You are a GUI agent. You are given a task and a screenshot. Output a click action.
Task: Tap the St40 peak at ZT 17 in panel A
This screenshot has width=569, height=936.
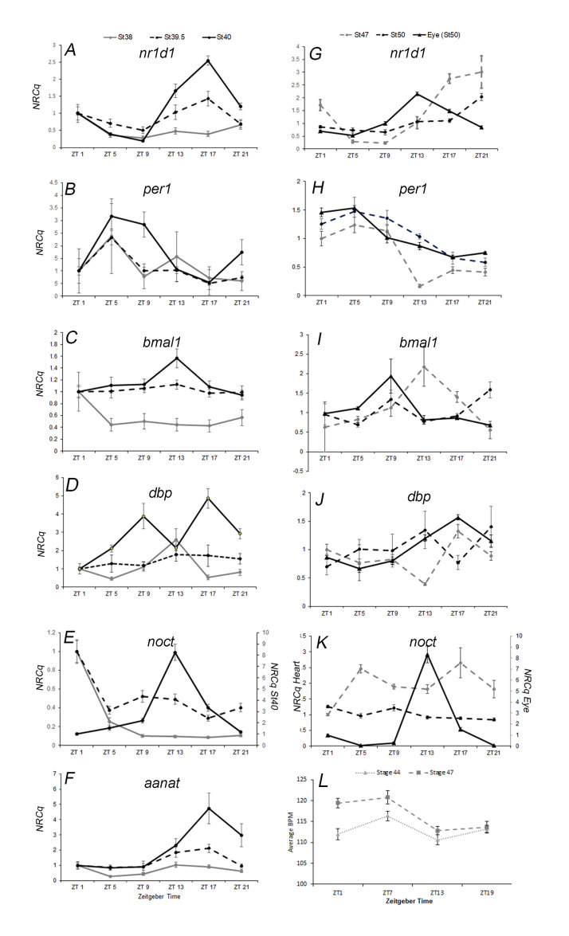(x=208, y=61)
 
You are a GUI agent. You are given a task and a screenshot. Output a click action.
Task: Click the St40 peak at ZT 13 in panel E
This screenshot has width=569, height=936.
(x=175, y=652)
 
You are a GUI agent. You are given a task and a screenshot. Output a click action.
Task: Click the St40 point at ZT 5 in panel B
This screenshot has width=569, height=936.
(x=112, y=216)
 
